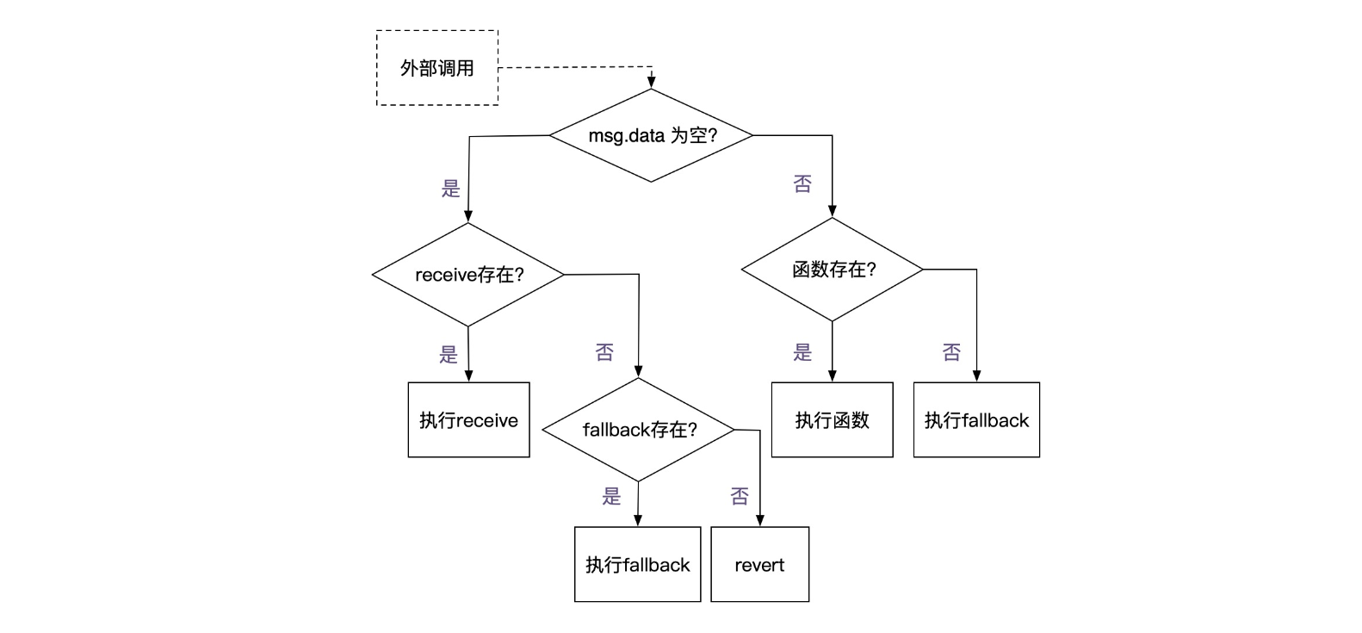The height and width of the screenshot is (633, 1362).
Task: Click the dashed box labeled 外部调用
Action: pyautogui.click(x=436, y=68)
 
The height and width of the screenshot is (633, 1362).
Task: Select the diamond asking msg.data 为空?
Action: pyautogui.click(x=651, y=135)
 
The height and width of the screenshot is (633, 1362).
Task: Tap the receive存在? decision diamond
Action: pyautogui.click(x=468, y=275)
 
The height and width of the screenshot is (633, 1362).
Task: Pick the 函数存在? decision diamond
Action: pyautogui.click(x=833, y=270)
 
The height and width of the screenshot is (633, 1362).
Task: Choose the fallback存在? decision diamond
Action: pyautogui.click(x=638, y=430)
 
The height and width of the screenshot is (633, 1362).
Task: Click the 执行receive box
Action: pyautogui.click(x=468, y=420)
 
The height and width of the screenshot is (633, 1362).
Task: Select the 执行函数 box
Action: pyautogui.click(x=832, y=420)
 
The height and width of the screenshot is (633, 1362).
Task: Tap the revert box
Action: pyautogui.click(x=759, y=565)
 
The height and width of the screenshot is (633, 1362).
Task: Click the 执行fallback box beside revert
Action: pyautogui.click(x=637, y=565)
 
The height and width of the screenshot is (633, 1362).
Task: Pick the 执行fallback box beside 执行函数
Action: pyautogui.click(x=976, y=420)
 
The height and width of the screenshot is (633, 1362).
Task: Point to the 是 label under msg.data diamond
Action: pyautogui.click(x=451, y=189)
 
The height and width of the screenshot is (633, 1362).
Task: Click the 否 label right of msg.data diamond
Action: pyautogui.click(x=802, y=183)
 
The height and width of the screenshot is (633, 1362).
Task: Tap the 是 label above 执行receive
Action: pyautogui.click(x=449, y=354)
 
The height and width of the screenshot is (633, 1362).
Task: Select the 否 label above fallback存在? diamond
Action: pyautogui.click(x=604, y=351)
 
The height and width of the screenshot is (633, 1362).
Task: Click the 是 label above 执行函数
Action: pyautogui.click(x=802, y=351)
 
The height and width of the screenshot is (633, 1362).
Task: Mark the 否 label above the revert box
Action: pyautogui.click(x=739, y=496)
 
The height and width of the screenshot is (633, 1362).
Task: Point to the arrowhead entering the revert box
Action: pyautogui.click(x=760, y=520)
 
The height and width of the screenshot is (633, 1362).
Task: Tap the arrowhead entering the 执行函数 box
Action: pyautogui.click(x=833, y=375)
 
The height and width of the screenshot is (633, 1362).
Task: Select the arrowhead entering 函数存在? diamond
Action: pyautogui.click(x=833, y=211)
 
